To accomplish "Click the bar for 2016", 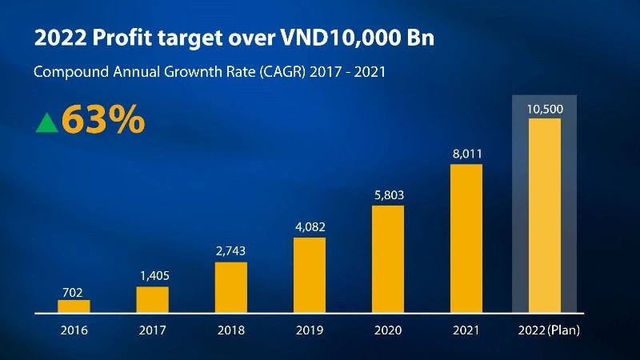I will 74,306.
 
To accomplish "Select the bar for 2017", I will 152,298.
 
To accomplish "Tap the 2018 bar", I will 230,286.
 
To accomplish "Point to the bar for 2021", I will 466,238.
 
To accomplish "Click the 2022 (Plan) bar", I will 544,214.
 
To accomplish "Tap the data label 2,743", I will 230,251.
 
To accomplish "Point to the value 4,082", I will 309,227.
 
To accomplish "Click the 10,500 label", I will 544,109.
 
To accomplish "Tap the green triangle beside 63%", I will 47,122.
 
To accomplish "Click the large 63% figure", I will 102,120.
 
